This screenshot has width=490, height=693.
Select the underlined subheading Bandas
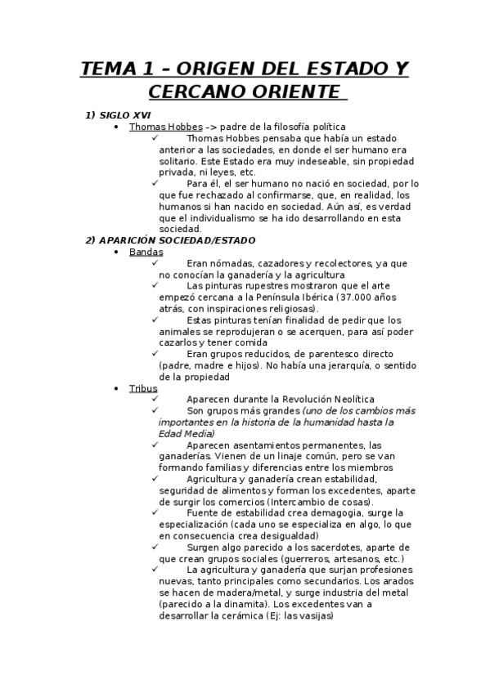(146, 252)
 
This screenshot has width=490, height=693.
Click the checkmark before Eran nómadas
(155, 263)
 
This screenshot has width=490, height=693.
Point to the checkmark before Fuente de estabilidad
(155, 512)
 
